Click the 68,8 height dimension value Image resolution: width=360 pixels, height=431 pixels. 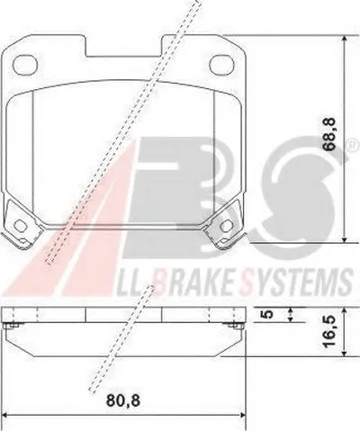(x=328, y=134)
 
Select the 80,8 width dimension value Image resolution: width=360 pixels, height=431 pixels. (x=123, y=400)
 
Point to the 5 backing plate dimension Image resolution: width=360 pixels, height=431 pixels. (x=268, y=314)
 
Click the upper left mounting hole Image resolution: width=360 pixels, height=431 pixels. (x=25, y=65)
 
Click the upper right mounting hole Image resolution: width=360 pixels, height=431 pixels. (x=222, y=65)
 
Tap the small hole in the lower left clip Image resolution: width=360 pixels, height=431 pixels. (x=21, y=225)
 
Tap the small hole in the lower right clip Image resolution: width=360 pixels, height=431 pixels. (x=227, y=225)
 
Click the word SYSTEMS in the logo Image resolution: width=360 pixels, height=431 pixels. (x=297, y=283)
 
